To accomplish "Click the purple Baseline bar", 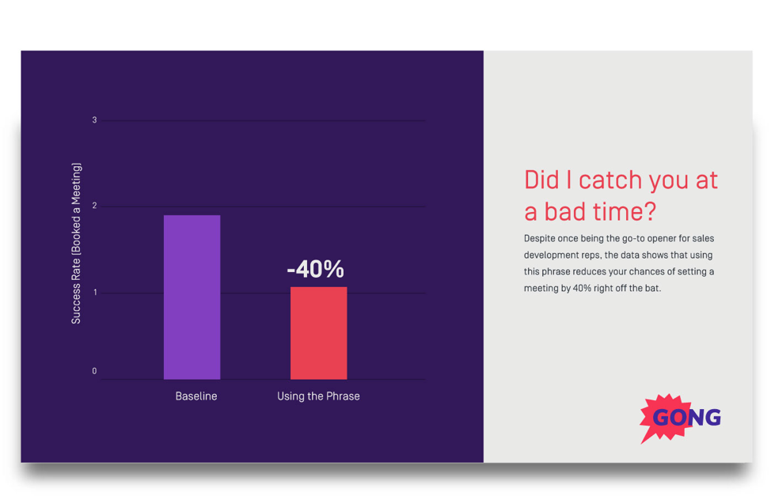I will [x=192, y=297].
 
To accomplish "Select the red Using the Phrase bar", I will [x=318, y=332].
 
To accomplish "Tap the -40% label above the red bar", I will [x=315, y=270].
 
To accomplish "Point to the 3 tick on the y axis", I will [x=94, y=120].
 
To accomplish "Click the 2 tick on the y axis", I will [x=94, y=206].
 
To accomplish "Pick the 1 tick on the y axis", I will [x=94, y=293].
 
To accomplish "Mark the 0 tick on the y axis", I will [x=94, y=371].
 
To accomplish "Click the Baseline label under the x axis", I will [x=196, y=396].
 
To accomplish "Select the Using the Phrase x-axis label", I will [x=318, y=396].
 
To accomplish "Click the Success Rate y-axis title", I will [x=76, y=243].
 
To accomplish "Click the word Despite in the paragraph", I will [x=540, y=238].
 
